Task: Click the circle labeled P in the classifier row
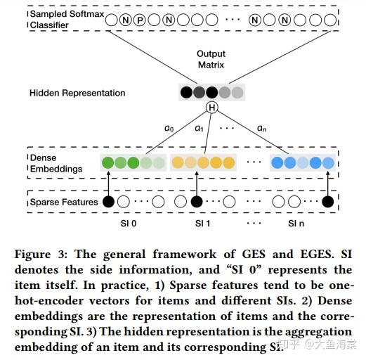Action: (140, 21)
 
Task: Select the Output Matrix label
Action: (210, 59)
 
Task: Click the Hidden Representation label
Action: (77, 93)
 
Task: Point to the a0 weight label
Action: (169, 129)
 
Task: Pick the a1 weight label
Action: (199, 129)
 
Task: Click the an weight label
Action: (261, 129)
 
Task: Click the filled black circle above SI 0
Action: (108, 202)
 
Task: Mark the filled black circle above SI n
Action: (327, 202)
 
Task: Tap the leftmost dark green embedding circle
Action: (107, 163)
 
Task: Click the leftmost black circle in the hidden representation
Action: (186, 91)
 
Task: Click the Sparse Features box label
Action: (63, 202)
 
